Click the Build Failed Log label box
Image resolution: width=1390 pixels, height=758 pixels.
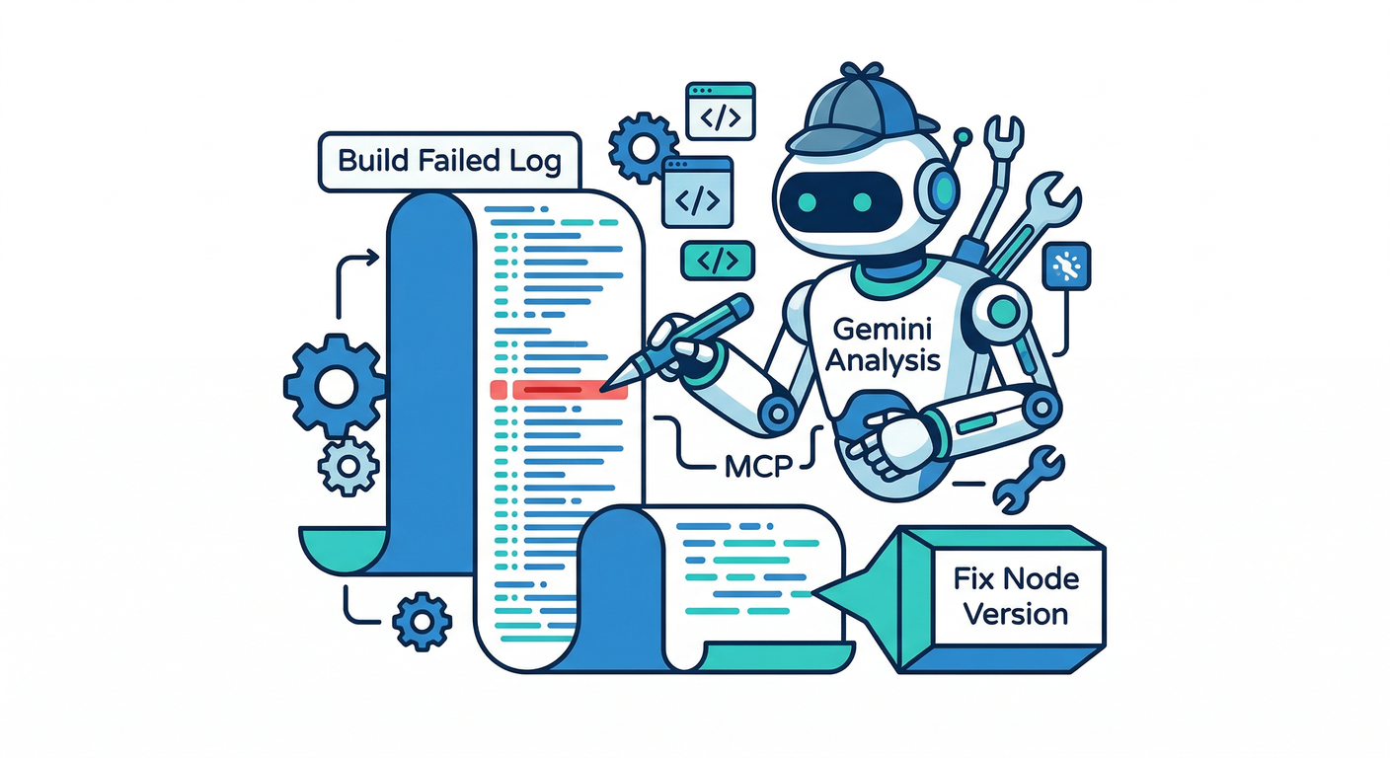coord(449,162)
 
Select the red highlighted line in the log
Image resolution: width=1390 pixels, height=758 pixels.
coord(560,390)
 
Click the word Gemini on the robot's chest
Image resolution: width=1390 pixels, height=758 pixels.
coord(882,329)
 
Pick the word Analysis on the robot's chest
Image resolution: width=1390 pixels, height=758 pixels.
coord(882,360)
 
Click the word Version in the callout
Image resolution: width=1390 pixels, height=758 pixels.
coord(1016,613)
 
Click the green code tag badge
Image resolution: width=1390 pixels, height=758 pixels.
coord(718,260)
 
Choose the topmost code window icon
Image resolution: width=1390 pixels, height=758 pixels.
coord(720,111)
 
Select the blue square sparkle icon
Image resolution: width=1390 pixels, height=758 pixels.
coord(1066,265)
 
